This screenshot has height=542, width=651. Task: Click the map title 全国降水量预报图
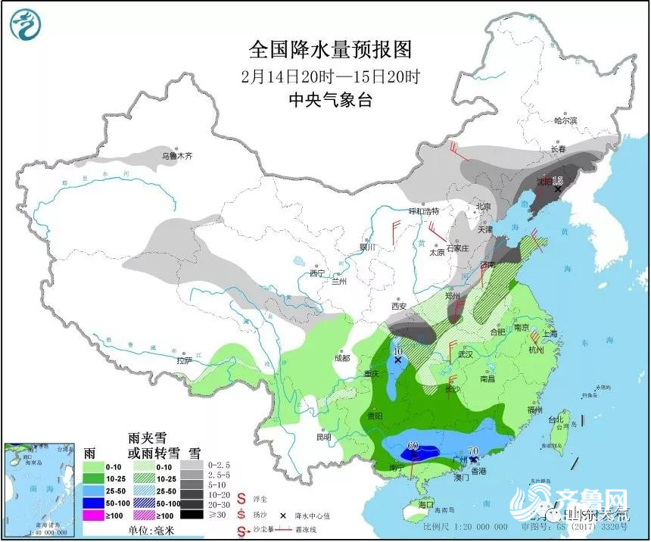[x=331, y=50]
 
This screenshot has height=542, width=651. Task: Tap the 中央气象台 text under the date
[x=331, y=100]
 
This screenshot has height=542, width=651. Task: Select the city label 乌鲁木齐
[x=178, y=157]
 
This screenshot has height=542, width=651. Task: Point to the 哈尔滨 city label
[x=565, y=120]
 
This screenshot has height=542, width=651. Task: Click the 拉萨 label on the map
[x=184, y=361]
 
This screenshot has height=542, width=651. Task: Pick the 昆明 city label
[x=324, y=438]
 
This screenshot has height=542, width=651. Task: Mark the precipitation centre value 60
[x=413, y=446]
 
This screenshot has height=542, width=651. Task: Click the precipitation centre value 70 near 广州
[x=474, y=450]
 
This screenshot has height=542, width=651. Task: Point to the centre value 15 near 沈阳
[x=558, y=180]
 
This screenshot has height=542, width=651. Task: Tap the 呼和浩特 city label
[x=424, y=210]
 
